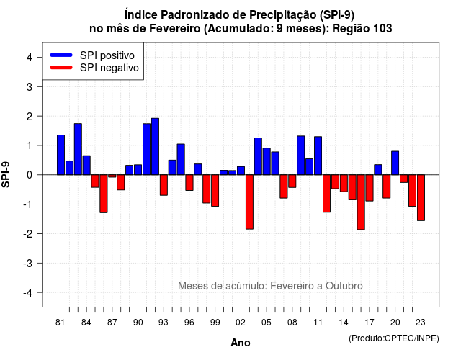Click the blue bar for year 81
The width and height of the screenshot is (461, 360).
(x=61, y=155)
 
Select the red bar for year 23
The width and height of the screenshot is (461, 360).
(x=421, y=197)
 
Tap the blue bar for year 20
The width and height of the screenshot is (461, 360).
(x=395, y=163)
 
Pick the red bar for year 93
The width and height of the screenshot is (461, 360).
(x=164, y=185)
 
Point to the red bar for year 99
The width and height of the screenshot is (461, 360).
(x=215, y=190)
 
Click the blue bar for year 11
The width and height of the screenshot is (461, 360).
(x=318, y=156)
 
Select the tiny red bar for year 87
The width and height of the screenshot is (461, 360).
(x=112, y=176)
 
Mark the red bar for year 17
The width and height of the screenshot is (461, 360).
(x=370, y=188)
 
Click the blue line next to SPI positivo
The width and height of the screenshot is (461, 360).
(x=61, y=55)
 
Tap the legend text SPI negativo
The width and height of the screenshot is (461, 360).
(x=109, y=68)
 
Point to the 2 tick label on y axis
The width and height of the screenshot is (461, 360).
(x=30, y=117)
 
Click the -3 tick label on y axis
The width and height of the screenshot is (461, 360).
(x=28, y=264)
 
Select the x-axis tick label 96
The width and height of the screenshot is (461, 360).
(x=189, y=323)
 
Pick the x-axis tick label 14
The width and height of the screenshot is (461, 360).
(x=344, y=323)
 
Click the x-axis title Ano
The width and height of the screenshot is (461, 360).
(x=241, y=343)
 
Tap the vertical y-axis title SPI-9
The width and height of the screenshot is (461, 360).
(x=6, y=174)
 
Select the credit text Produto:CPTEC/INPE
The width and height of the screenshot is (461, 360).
(x=394, y=338)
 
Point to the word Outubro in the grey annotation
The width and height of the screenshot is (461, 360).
(x=344, y=286)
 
